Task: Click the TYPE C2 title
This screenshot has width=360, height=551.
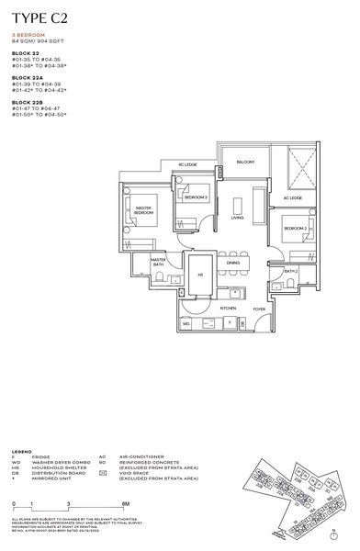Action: coord(41,17)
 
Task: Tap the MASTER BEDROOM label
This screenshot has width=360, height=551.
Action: coord(143,210)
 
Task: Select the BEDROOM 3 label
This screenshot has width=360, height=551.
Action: coord(196,198)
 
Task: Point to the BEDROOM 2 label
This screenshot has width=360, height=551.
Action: coord(294,228)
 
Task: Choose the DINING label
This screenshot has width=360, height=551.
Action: coord(232,264)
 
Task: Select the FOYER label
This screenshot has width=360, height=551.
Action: coord(259,309)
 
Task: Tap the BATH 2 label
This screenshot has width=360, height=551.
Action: coord(290,271)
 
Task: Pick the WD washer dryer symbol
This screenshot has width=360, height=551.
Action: coord(186,323)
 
